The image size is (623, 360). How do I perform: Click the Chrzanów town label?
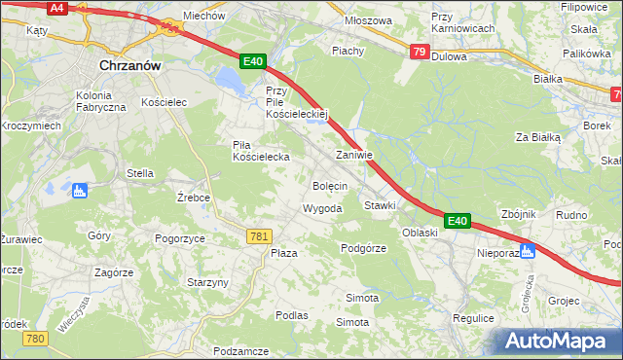click(x=129, y=65)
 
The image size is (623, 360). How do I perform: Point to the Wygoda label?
click(x=322, y=209)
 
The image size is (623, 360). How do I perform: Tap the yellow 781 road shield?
click(x=259, y=236)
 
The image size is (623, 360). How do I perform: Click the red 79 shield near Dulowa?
click(x=419, y=52)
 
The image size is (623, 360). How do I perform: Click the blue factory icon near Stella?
click(x=80, y=190)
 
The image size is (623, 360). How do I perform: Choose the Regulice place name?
click(x=474, y=318)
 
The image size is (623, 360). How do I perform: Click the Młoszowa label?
click(x=368, y=20)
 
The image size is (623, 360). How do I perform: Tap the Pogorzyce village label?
click(x=179, y=237)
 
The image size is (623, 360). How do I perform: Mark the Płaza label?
click(x=283, y=253)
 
